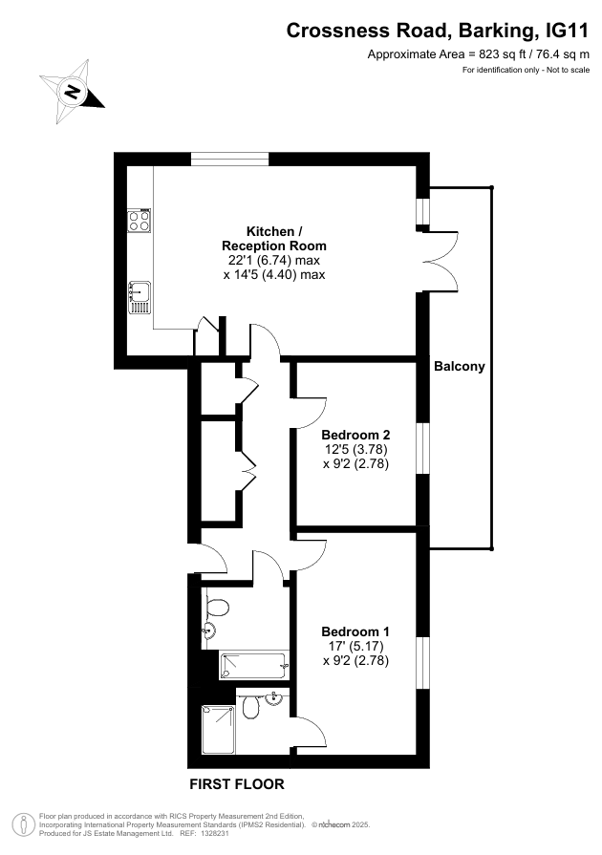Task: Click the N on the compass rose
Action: tap(72, 93)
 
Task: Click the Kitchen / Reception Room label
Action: tap(274, 239)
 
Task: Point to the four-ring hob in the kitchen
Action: tap(139, 221)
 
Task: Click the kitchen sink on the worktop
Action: tap(140, 296)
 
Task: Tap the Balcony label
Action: tap(459, 367)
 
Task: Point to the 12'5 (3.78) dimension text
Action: tap(355, 449)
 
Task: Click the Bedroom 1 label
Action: tap(355, 631)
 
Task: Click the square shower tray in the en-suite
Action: tap(218, 731)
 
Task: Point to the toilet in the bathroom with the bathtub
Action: tap(217, 607)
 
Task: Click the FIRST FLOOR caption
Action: tap(236, 784)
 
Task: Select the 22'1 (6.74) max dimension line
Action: tap(274, 260)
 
